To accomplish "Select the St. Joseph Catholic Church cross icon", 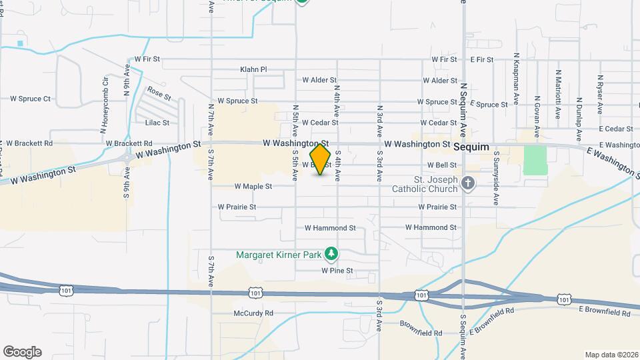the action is tap(469, 184).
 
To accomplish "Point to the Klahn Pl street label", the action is tap(253, 69).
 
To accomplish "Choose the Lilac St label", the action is tap(157, 123).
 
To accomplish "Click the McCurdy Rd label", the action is tap(253, 313).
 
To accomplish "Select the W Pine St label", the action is tap(337, 271).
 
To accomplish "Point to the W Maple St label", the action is tap(253, 187).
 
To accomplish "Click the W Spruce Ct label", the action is tap(30, 99).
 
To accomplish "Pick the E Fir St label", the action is tap(481, 59).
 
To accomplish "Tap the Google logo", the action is tap(22, 352).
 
